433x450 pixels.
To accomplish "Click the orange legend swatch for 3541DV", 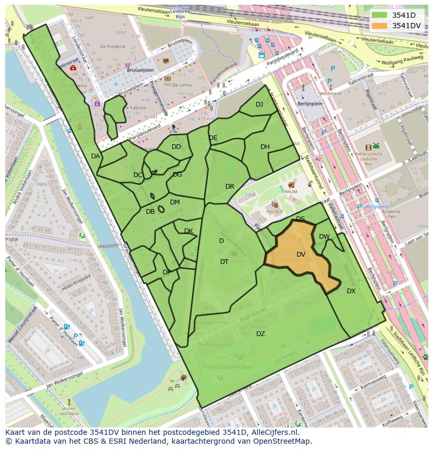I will point(380,26).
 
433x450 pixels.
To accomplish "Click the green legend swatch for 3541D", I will point(380,15).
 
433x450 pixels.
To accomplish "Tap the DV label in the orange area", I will point(301,255).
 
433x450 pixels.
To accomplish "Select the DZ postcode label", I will point(260,334).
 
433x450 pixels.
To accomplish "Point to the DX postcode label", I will point(351,291).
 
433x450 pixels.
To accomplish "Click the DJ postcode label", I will point(259,105).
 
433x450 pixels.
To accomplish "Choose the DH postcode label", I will point(265,147).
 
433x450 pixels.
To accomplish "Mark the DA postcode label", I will point(95,156).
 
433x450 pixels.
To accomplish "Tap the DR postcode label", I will point(230,187).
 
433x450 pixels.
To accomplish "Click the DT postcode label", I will point(224,262).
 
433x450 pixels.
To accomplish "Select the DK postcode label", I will point(188,231).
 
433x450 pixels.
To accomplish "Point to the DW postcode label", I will point(324,237).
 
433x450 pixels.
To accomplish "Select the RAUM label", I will point(291,192).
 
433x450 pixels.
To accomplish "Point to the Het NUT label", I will point(275,211).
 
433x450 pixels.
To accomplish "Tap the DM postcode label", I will point(175,202).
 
